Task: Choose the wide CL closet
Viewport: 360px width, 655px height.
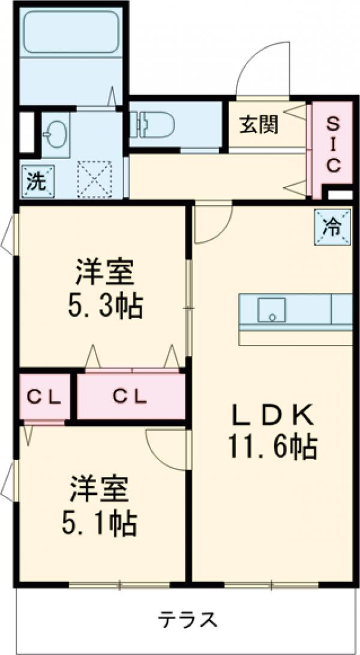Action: (130, 396)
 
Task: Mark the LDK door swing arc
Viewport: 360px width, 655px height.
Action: (211, 223)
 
